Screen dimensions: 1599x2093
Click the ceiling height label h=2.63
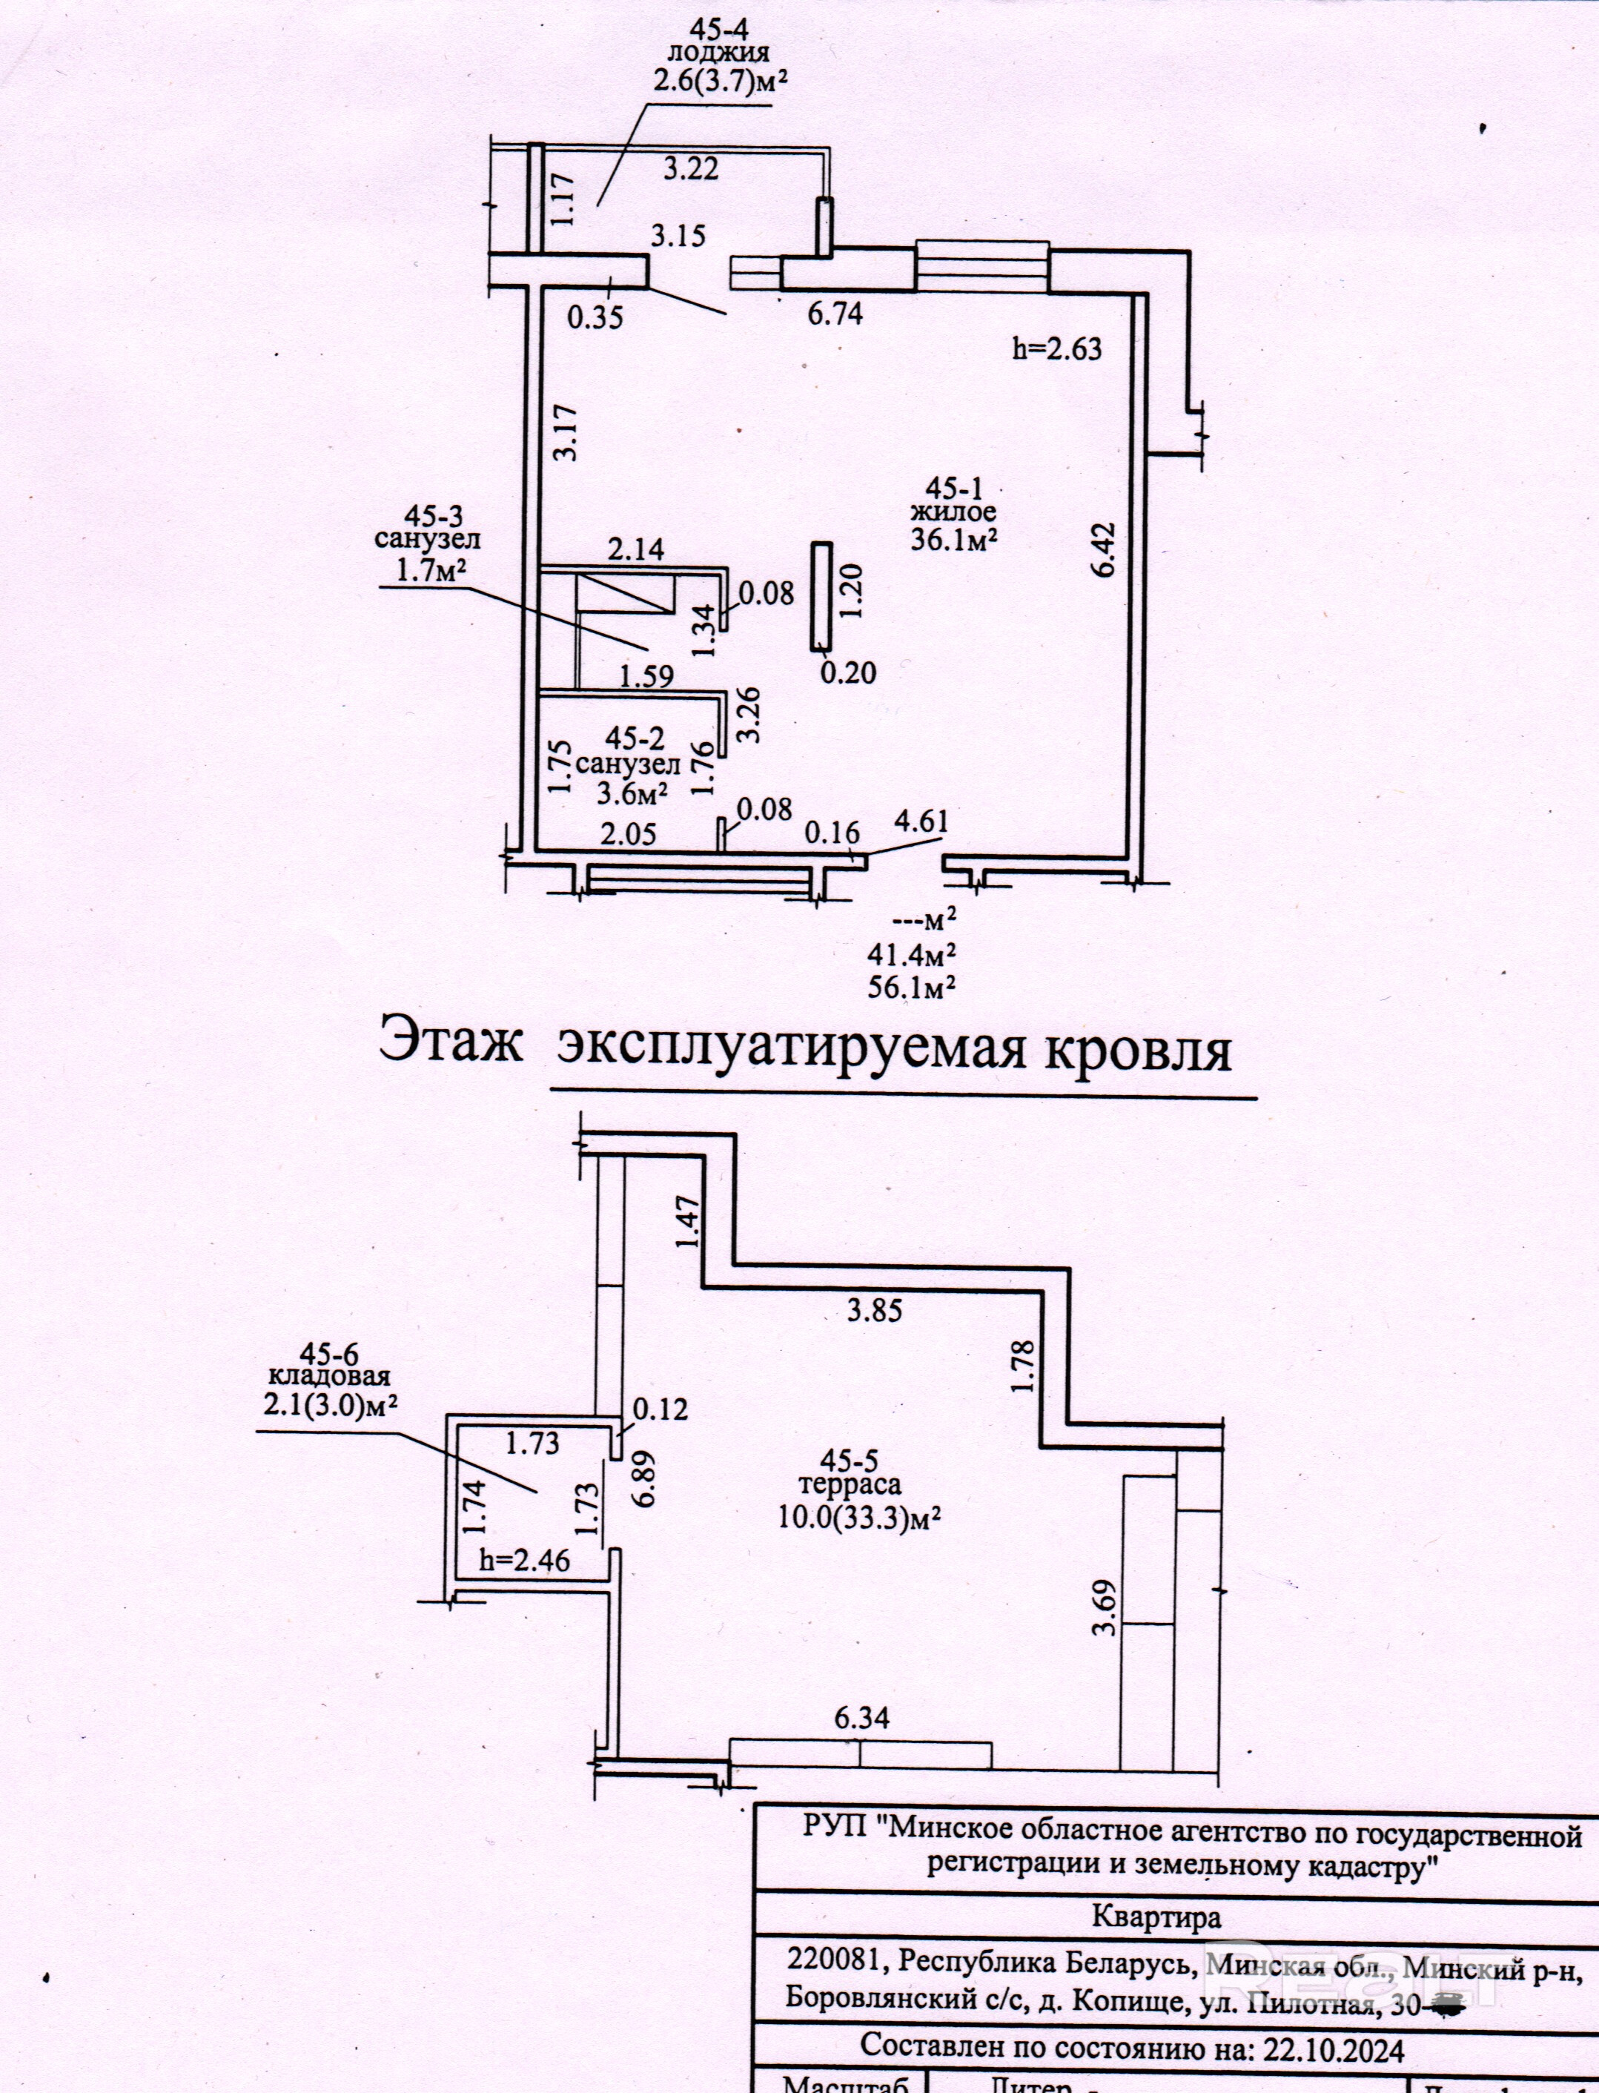pyautogui.click(x=1056, y=348)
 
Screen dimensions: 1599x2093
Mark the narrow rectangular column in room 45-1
pyautogui.click(x=821, y=596)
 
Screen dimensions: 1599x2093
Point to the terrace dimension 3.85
pyautogui.click(x=875, y=1311)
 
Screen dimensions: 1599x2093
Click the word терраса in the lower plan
pyautogui.click(x=850, y=1484)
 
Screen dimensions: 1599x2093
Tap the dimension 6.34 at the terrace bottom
pyautogui.click(x=861, y=1718)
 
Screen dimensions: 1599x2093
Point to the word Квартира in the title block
pyautogui.click(x=1156, y=1916)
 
